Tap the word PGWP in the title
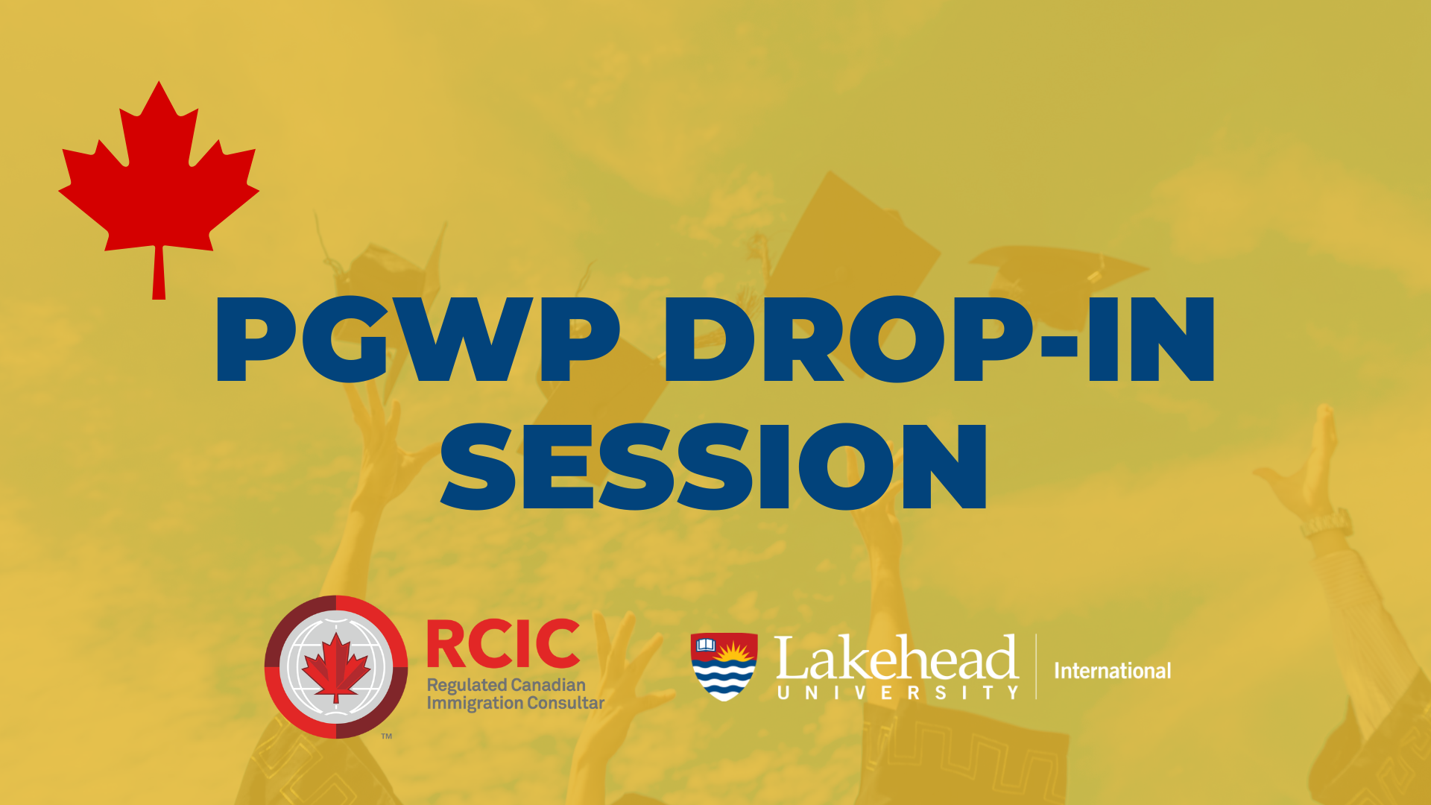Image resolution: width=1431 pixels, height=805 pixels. click(x=418, y=339)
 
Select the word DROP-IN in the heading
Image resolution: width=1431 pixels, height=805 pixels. click(x=939, y=339)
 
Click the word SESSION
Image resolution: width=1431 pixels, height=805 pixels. click(x=715, y=467)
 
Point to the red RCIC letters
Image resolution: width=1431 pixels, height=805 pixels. click(x=503, y=644)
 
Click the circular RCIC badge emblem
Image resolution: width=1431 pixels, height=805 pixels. click(x=336, y=667)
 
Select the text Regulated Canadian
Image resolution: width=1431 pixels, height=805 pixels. click(x=506, y=685)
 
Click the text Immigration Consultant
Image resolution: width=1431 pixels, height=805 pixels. click(x=515, y=704)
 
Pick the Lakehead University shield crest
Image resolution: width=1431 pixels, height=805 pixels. click(x=724, y=666)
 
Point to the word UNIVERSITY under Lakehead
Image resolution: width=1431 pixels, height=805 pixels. click(x=897, y=693)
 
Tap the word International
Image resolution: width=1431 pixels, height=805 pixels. click(x=1112, y=671)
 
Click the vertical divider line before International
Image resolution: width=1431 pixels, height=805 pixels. click(x=1036, y=666)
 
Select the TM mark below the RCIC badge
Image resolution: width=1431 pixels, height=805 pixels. click(x=387, y=736)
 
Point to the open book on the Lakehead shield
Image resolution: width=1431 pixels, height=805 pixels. click(x=705, y=645)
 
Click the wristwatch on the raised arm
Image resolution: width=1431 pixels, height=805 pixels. click(x=1327, y=524)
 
